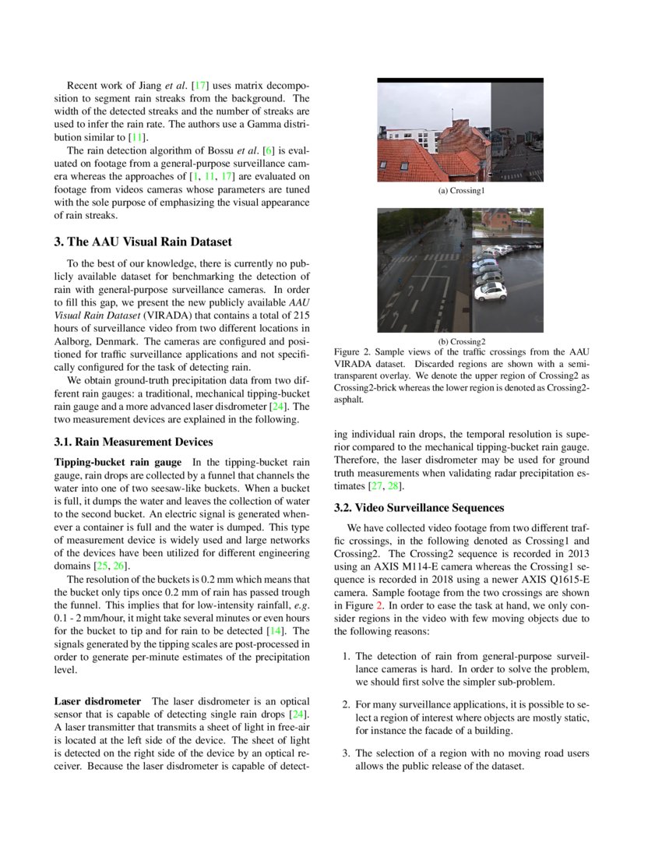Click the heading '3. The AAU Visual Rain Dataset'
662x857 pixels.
[x=143, y=242]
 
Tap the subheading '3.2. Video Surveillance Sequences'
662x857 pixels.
[x=419, y=508]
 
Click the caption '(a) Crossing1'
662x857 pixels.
[x=460, y=190]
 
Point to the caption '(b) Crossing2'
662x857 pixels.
[x=461, y=341]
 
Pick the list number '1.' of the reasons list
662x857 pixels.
[x=347, y=657]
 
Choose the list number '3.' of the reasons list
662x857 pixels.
[x=347, y=753]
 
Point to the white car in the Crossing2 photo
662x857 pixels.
[x=491, y=291]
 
